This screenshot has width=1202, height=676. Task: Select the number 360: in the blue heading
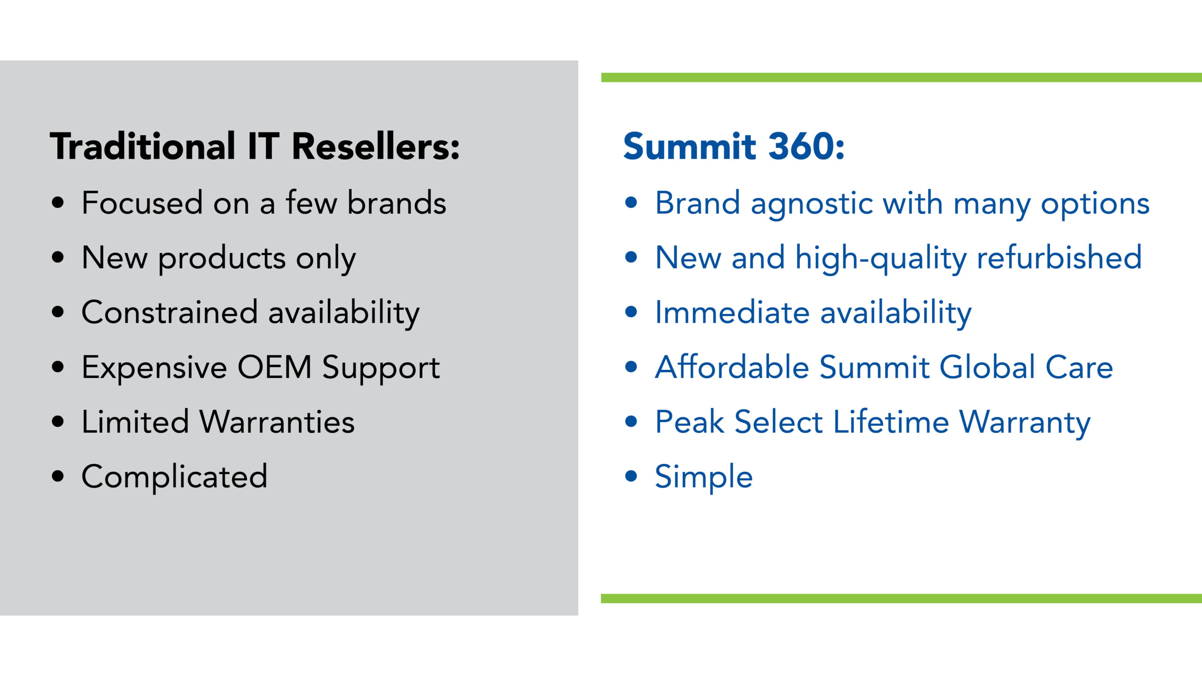click(806, 146)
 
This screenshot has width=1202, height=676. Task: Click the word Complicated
click(174, 476)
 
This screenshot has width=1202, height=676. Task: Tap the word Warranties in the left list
click(277, 422)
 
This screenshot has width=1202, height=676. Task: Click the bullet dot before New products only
click(58, 257)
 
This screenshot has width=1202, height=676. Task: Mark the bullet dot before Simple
click(632, 476)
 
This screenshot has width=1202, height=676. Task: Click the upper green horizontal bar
click(901, 77)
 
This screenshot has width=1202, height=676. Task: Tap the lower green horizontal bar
click(901, 599)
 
